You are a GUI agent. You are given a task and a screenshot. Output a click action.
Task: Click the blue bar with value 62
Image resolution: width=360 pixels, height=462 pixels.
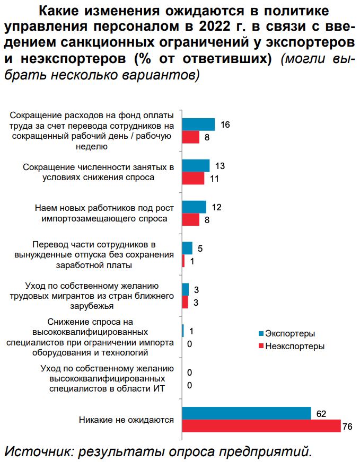pos(246,413)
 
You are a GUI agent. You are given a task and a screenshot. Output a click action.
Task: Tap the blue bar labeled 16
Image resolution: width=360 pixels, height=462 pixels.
pos(198,125)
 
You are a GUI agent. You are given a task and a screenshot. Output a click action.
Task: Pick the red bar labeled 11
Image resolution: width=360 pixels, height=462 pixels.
pos(193,179)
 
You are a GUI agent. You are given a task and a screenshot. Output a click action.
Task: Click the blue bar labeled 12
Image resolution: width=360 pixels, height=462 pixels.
pos(194,207)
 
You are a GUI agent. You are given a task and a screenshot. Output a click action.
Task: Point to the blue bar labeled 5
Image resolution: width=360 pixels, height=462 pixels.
pos(187,248)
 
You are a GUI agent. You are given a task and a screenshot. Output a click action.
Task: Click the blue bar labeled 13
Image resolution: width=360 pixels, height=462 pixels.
pos(196,166)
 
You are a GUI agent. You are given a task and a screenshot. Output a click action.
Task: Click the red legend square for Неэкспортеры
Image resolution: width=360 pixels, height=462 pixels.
pos(260,346)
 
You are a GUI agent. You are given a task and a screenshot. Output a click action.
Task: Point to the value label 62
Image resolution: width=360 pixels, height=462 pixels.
pos(320,413)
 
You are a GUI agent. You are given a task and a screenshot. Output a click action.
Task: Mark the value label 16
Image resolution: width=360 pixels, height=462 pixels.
pos(225,125)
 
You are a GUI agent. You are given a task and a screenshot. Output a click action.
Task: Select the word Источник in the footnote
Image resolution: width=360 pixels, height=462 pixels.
pos(36,451)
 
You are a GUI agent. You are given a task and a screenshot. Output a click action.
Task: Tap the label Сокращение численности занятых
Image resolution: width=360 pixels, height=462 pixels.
pos(99,172)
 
